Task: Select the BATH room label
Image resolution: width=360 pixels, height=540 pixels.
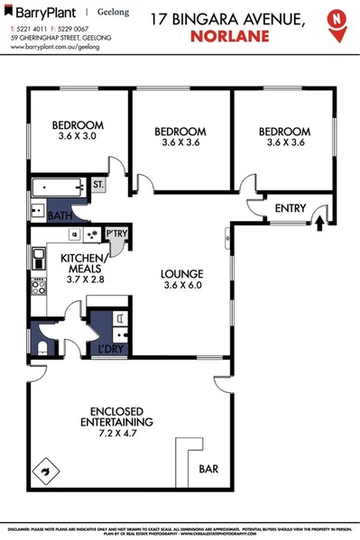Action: pos(60,216)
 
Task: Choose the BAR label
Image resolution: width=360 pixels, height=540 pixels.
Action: pos(209,470)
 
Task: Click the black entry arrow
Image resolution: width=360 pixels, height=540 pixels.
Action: pos(319,219)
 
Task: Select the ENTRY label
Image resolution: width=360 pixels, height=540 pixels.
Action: pos(291,208)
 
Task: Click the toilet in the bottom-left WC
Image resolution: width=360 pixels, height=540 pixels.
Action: pos(43,346)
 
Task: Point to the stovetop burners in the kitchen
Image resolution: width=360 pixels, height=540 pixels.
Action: pos(39,288)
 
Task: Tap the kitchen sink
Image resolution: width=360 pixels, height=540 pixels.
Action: pos(39,261)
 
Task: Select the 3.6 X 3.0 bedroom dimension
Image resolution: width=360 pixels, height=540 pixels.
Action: pos(76,136)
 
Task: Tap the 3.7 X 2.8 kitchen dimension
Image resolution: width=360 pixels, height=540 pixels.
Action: pos(85,279)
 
